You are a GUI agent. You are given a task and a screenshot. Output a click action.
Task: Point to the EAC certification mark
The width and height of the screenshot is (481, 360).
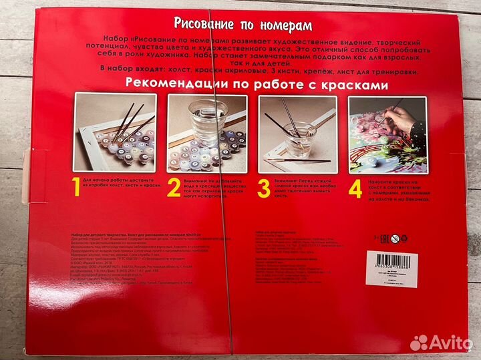pos(383,238)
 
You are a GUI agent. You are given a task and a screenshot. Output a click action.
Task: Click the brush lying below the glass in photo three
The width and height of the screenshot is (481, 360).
pos(298,161)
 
